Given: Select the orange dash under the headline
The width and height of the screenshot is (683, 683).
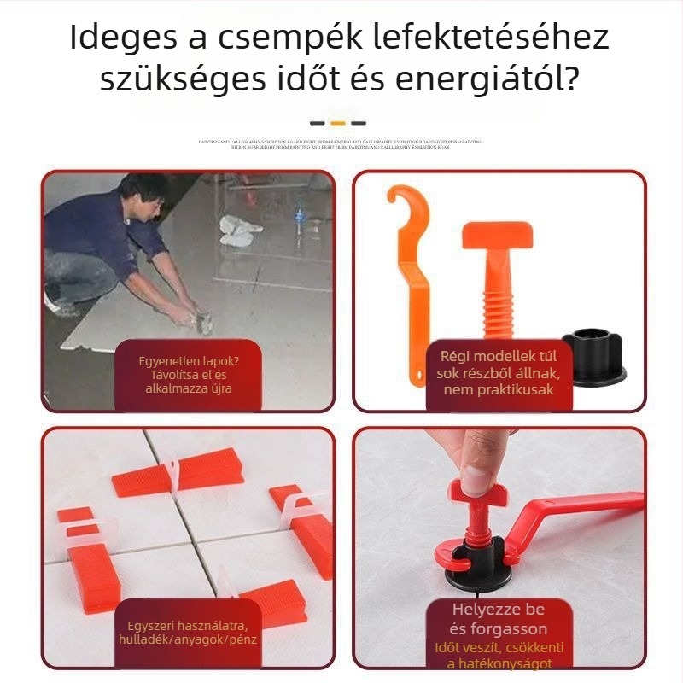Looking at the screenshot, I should coord(338,123).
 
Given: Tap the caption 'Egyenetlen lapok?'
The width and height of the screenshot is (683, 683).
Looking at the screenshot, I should coord(189,360).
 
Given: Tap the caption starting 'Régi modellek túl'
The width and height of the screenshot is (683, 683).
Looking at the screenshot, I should coord(499,357).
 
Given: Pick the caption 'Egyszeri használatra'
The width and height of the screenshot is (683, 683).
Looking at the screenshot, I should coord(189,622).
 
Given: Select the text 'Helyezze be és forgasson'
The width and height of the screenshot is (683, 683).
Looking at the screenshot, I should coord(499,620).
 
